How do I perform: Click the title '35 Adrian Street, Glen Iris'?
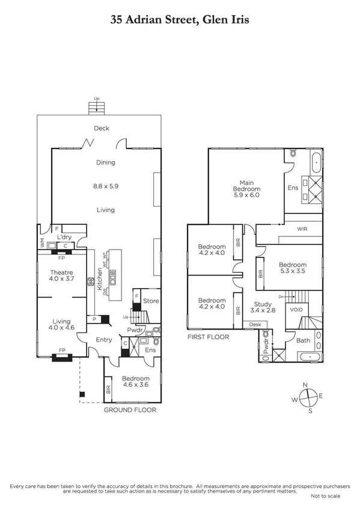[180, 19]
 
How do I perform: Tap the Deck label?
[101, 128]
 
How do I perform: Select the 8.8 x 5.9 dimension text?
[105, 186]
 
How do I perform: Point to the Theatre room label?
[61, 272]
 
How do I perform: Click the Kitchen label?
[100, 279]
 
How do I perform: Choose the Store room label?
[151, 301]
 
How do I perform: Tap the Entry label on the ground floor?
[104, 340]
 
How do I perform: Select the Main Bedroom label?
[246, 185]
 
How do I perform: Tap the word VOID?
[296, 310]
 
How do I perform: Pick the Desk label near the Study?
[255, 325]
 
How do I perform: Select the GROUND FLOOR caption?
[129, 410]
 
